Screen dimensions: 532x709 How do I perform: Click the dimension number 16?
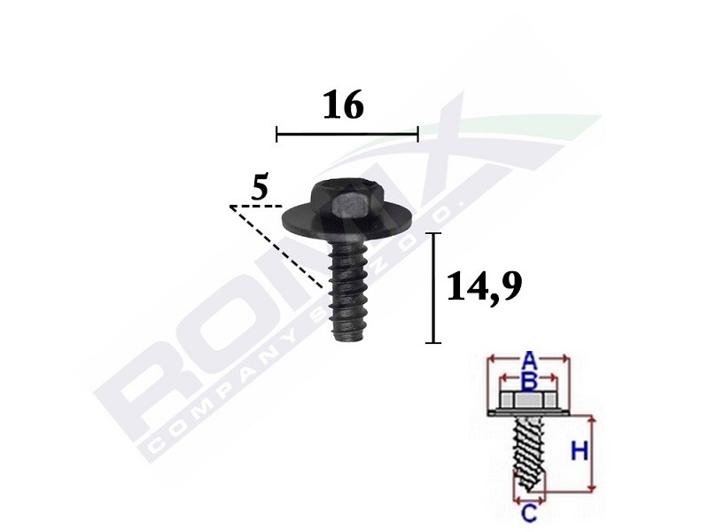tap(343, 106)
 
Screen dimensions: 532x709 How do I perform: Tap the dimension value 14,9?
tap(483, 287)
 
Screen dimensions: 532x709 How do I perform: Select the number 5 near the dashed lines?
tap(259, 187)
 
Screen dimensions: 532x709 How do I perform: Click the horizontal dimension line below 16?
tap(347, 134)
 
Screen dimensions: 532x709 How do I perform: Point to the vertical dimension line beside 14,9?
tap(433, 287)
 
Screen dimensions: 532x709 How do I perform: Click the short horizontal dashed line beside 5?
tap(249, 207)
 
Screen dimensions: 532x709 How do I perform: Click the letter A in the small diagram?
tap(528, 361)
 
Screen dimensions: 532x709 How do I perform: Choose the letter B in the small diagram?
tap(528, 382)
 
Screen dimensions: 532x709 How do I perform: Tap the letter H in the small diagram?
tap(578, 452)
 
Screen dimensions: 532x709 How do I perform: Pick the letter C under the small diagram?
tap(528, 512)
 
